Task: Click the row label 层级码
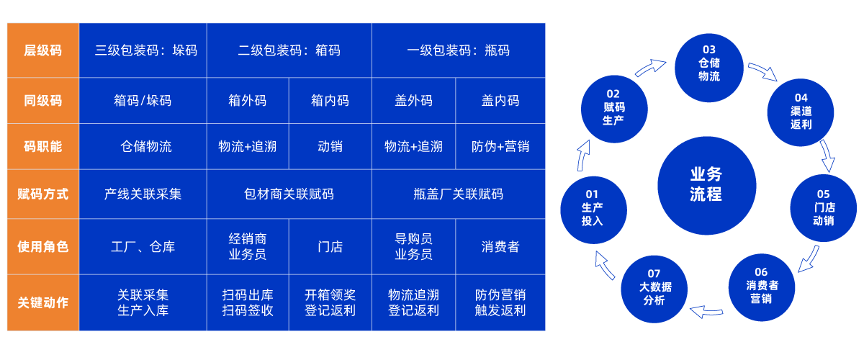[x=42, y=50]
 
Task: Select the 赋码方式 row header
[x=42, y=194]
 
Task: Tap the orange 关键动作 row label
[x=42, y=302]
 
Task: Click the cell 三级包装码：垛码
[x=143, y=50]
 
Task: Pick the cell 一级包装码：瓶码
[x=458, y=50]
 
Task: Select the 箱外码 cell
[x=247, y=101]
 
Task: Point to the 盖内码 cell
[x=500, y=101]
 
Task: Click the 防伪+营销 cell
[x=500, y=146]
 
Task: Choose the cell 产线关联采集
[x=143, y=194]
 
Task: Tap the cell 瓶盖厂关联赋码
[x=458, y=194]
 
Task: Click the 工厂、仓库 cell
[x=143, y=247]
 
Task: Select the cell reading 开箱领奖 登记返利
[x=330, y=302]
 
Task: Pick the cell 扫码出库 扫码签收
[x=247, y=302]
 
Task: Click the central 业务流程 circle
[x=706, y=184]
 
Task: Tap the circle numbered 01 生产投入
[x=592, y=207]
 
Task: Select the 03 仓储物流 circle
[x=708, y=63]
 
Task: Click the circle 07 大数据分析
[x=654, y=287]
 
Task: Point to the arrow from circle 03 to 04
[x=763, y=71]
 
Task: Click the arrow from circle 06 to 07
[x=706, y=311]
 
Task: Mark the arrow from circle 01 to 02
[x=584, y=153]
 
